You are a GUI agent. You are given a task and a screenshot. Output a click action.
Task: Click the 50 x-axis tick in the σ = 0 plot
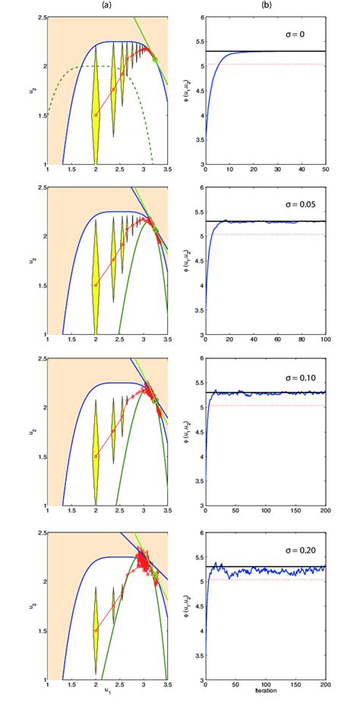coord(325,171)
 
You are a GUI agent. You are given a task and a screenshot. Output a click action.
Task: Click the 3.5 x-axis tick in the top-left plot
coord(167,171)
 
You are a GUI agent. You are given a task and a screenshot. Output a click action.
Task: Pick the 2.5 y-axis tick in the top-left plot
coord(39,17)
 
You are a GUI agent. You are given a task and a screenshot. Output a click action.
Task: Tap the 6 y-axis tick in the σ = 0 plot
coord(200,17)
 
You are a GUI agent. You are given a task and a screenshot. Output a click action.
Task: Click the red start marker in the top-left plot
coord(96,115)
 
